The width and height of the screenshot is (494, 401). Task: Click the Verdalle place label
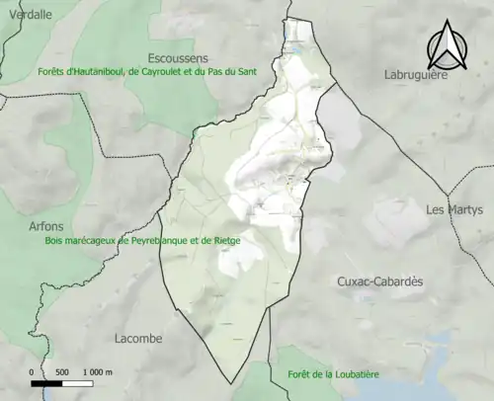pyautogui.click(x=29, y=14)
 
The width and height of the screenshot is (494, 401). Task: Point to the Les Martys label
pyautogui.click(x=454, y=209)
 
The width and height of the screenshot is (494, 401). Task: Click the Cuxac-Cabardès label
pyautogui.click(x=380, y=281)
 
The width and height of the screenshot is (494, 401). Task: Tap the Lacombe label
pyautogui.click(x=137, y=338)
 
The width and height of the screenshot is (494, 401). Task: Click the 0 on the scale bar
pyautogui.click(x=32, y=371)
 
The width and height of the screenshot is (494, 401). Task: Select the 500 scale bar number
pyautogui.click(x=61, y=371)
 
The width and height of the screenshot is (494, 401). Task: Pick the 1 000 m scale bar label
pyautogui.click(x=97, y=371)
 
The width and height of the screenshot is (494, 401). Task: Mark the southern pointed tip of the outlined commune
pyautogui.click(x=233, y=382)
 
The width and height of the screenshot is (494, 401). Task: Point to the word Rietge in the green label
pyautogui.click(x=228, y=240)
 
